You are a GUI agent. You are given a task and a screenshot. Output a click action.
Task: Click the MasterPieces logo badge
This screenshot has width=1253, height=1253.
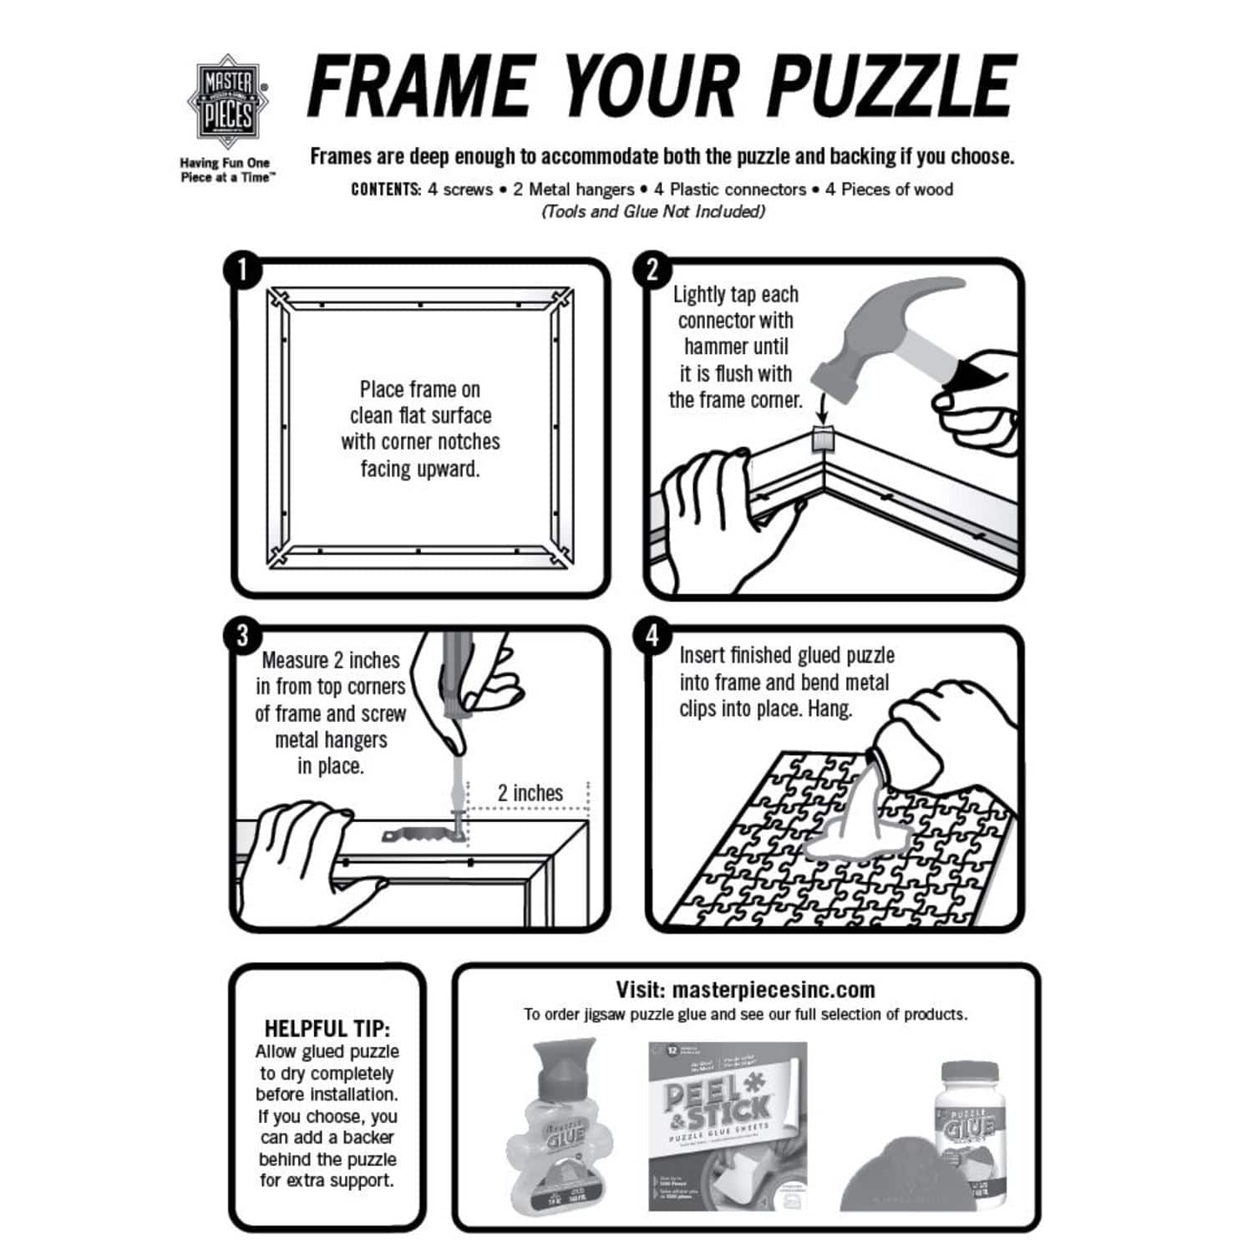tap(227, 102)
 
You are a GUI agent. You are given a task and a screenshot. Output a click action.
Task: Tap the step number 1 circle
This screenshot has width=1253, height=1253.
tap(242, 271)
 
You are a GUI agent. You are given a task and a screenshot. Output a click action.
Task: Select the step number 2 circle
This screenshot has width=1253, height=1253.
tap(652, 271)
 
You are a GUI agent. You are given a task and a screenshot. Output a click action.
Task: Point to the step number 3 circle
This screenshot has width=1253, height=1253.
tap(242, 636)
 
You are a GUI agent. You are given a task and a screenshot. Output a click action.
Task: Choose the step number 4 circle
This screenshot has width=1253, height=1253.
tap(652, 637)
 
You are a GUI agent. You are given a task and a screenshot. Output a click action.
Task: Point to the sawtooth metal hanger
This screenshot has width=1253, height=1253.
tap(415, 833)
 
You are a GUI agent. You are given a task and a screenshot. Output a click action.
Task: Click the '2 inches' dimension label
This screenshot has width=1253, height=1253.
tap(530, 793)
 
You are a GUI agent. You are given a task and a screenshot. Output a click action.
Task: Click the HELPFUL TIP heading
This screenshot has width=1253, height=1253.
tap(327, 1028)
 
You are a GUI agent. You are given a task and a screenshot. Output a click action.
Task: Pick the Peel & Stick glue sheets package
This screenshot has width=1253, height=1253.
tap(728, 1125)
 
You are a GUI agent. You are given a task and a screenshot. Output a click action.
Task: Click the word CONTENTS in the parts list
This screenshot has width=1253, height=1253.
tap(386, 190)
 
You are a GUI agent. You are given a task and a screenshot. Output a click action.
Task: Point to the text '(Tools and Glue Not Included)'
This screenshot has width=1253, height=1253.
tap(652, 211)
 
